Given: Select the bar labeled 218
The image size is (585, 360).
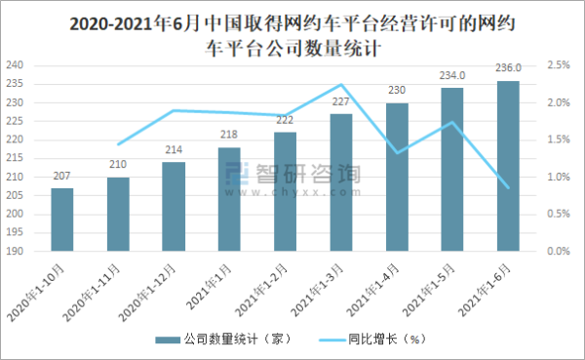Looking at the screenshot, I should click(229, 199).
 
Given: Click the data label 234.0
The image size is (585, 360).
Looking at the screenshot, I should click(452, 75).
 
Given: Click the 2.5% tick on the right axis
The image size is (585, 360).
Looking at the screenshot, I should click(559, 65).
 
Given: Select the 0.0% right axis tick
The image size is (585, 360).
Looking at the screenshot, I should click(559, 252).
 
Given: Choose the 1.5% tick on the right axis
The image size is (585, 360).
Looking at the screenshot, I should click(559, 140).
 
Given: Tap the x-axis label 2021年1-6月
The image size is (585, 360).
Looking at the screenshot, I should click(490, 284).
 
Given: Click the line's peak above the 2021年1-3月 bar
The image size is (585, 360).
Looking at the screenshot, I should click(341, 86).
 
